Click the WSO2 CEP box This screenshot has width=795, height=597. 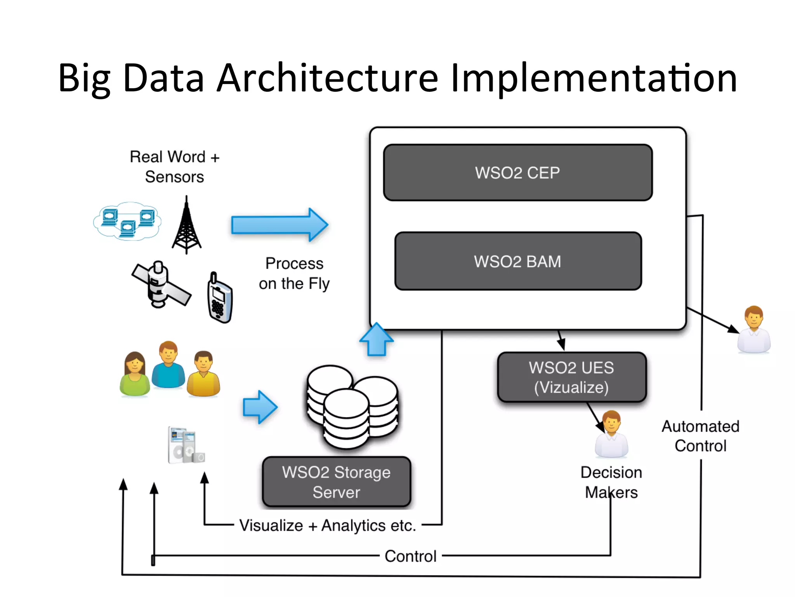point(517,173)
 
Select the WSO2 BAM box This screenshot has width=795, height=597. point(517,261)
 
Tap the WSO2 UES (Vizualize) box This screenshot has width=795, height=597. point(571,377)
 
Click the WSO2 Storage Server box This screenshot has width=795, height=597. point(336,482)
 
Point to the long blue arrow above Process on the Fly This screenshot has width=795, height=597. point(279,225)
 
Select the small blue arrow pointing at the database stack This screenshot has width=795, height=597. point(260,407)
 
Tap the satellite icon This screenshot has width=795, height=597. point(160,285)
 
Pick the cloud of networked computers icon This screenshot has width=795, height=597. point(127,221)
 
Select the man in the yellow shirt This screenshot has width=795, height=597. point(203,374)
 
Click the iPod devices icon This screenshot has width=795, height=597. point(186,446)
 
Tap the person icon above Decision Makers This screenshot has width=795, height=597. point(611,435)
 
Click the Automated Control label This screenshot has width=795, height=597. point(700,436)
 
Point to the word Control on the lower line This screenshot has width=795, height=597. point(410,556)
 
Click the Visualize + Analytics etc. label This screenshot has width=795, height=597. point(327,525)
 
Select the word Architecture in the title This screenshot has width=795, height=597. point(327,79)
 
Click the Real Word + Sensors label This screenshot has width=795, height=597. point(174,167)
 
